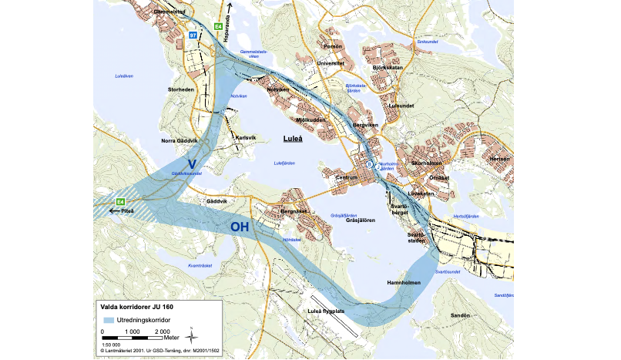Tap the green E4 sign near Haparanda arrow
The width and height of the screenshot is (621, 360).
pos(219,29)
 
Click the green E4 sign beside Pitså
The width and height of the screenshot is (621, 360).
pos(120,202)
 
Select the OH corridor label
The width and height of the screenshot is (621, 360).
pos(240,227)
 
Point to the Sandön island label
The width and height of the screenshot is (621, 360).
pos(460,316)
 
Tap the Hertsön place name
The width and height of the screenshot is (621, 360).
pos(502,160)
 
